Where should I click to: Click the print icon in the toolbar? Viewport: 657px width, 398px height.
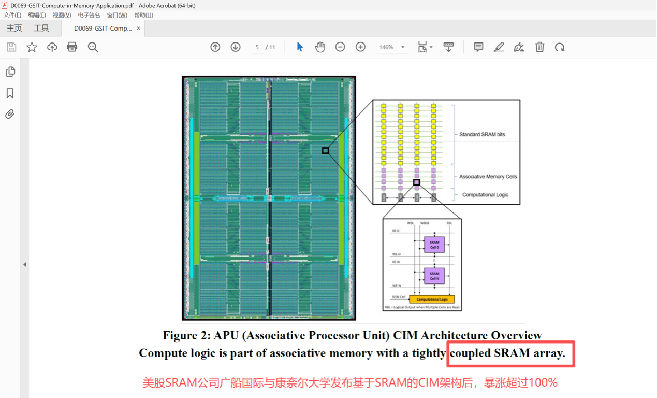click(72, 47)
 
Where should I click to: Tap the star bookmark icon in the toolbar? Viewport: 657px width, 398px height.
click(32, 47)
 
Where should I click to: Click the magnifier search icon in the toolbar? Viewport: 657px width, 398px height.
click(93, 47)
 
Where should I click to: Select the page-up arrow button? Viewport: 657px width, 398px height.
click(215, 47)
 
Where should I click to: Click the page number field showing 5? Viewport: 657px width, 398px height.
click(257, 47)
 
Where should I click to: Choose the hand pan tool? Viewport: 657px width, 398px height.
click(320, 47)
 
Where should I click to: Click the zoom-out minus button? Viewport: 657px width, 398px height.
click(340, 47)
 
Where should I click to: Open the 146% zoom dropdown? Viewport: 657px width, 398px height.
click(403, 47)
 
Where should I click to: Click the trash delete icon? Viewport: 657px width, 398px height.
click(539, 47)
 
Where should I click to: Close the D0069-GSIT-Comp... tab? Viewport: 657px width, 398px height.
click(138, 29)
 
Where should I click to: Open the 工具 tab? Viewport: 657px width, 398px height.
click(41, 29)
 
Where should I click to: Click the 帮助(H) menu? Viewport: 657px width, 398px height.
click(143, 15)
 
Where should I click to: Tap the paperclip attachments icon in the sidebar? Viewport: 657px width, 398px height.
click(10, 114)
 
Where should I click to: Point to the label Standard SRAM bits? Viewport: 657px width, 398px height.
click(481, 134)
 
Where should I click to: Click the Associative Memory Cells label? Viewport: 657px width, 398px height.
click(488, 177)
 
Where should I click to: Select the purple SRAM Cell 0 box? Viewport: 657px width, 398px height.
click(434, 245)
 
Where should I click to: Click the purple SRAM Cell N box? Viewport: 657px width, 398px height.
click(434, 276)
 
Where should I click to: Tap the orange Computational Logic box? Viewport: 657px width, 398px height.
click(432, 299)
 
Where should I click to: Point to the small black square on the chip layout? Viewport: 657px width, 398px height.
click(325, 151)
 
